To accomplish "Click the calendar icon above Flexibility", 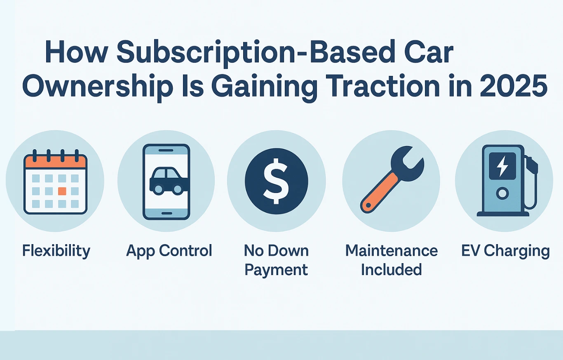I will [x=55, y=184].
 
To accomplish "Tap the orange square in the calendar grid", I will [x=62, y=191].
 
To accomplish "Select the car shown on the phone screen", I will [x=167, y=181].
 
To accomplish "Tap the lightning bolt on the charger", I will [x=502, y=166].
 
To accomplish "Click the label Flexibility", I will [x=56, y=251].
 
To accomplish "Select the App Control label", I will [x=169, y=251].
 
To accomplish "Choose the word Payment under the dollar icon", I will [x=276, y=270].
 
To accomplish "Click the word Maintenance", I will [x=391, y=250].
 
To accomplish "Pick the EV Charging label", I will [x=505, y=251].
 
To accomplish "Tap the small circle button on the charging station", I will [x=502, y=193].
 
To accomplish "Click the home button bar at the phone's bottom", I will [x=166, y=213].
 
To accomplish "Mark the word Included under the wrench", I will [x=391, y=270].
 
